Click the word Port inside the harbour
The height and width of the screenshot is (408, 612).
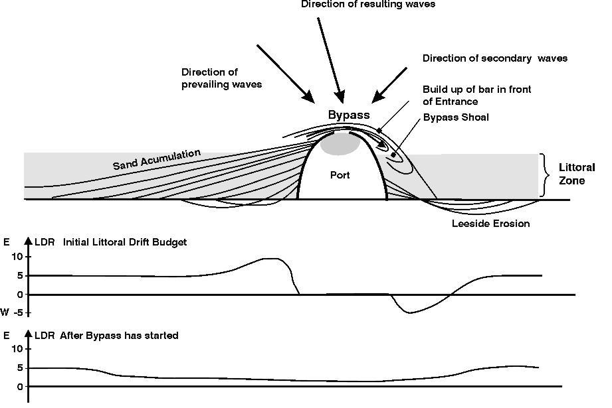point(340,176)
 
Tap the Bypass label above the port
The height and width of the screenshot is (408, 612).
point(348,115)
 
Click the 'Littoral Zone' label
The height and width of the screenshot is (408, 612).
point(577,174)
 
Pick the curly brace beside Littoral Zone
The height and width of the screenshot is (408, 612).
point(545,174)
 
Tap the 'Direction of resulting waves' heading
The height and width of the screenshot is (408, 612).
point(368,4)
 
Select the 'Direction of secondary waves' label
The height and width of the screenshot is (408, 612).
point(495,58)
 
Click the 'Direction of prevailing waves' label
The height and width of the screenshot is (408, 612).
point(221,78)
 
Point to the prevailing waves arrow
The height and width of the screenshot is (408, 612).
point(286,74)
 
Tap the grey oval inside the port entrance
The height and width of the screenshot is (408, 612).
point(340,143)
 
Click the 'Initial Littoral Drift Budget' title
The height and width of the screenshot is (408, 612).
point(125,242)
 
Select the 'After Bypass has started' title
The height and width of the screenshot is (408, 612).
point(119,336)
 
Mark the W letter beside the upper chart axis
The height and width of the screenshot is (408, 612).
point(5,312)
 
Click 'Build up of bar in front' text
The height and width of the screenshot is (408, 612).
point(477,90)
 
